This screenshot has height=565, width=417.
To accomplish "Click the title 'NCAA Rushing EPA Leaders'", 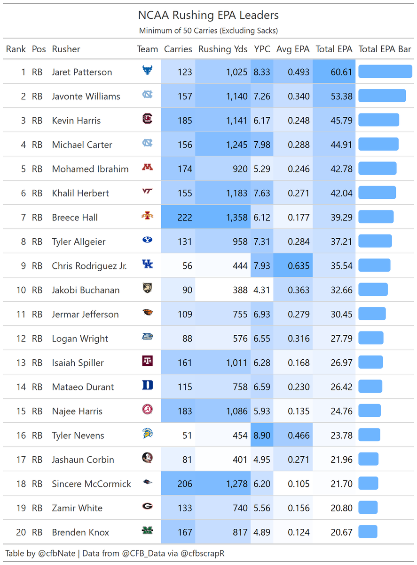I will (x=208, y=15).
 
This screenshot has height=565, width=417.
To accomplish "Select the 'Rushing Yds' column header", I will (x=223, y=49).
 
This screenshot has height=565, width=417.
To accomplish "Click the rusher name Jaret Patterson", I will (x=82, y=72).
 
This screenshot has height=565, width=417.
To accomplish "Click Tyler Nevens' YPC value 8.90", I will (x=262, y=436).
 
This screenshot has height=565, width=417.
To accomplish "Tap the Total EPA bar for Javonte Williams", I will (x=382, y=96).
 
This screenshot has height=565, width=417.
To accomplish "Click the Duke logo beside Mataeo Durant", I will (x=148, y=386).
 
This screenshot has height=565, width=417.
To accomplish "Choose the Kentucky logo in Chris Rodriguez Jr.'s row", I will (x=148, y=265).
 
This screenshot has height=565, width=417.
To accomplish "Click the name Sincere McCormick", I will (x=91, y=484).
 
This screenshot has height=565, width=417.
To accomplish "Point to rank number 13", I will (x=21, y=363).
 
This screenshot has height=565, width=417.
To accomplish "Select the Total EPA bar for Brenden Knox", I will (x=368, y=532).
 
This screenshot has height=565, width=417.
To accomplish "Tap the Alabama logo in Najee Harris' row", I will (x=148, y=410).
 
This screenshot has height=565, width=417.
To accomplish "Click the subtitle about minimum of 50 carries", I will (x=208, y=31).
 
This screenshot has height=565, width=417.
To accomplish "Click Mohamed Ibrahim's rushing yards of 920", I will (x=240, y=169).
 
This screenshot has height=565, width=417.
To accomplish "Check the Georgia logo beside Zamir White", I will (x=148, y=507).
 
